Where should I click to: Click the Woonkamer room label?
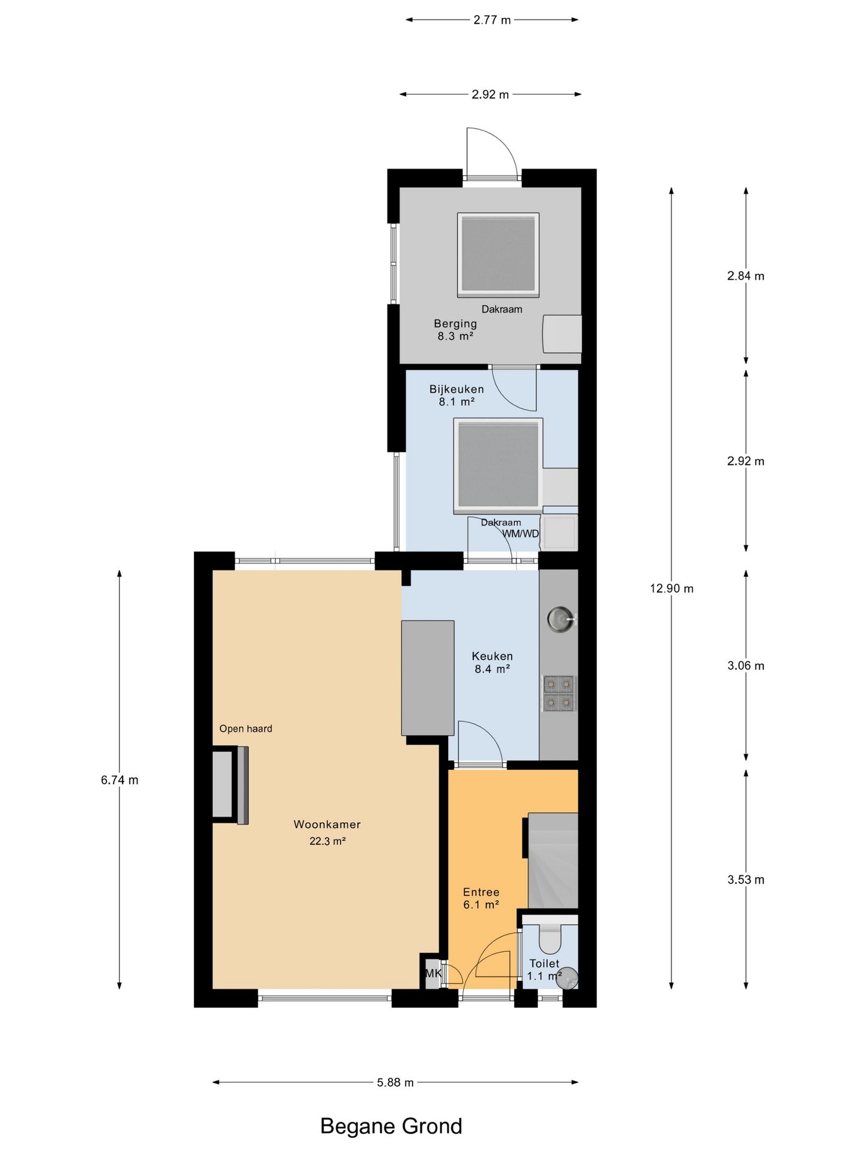coord(327,825)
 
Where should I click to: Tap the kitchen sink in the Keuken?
coord(561,619)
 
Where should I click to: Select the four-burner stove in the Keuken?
coord(559,693)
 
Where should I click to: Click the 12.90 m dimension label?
coord(672,589)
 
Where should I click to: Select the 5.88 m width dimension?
coord(395,1082)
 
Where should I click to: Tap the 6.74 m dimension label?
coord(120,780)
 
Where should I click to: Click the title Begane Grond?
coord(391,1126)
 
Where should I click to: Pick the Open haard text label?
coord(246,728)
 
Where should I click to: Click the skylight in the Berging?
coord(498,255)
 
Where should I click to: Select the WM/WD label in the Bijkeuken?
coord(521,534)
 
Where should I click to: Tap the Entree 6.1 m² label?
coord(481,898)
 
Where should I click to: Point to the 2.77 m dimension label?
coord(492,20)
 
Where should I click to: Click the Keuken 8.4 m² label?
coord(492,662)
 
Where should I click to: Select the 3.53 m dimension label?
coord(746,880)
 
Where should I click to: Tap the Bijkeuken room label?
coord(457,389)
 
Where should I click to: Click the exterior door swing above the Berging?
coord(491,153)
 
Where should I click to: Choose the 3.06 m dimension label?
coord(746,665)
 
